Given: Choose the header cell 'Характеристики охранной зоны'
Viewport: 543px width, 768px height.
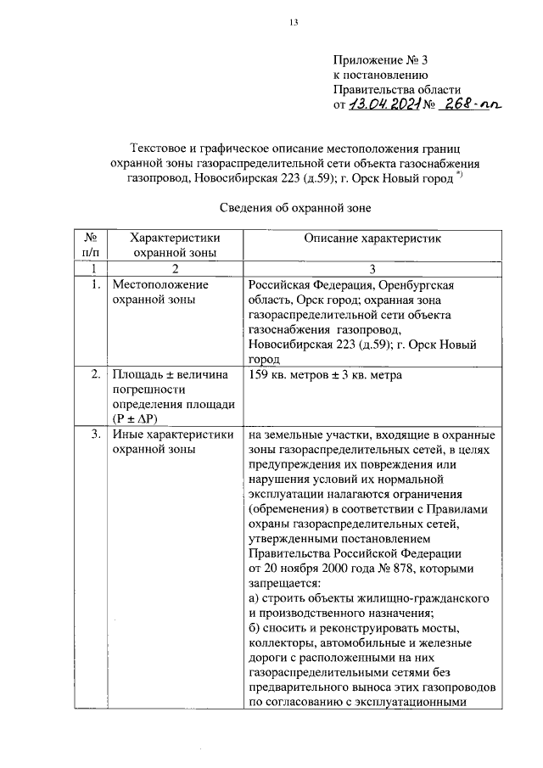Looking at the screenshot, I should point(173,244).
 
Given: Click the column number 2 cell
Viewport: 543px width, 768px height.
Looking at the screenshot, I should point(173,268).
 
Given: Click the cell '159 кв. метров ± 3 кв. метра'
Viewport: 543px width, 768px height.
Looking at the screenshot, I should point(325,374).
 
